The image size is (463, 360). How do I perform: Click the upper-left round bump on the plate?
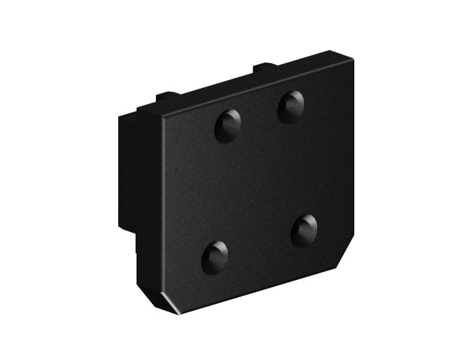[228, 125]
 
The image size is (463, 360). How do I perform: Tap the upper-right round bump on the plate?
[292, 106]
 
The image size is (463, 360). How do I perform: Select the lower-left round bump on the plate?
[215, 256]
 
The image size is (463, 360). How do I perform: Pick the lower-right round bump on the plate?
[305, 230]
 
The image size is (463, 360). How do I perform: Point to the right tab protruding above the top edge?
[263, 69]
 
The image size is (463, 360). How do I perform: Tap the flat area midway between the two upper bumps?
[260, 116]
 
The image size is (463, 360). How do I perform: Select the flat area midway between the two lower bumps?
[260, 243]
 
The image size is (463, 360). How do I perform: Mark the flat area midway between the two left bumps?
[221, 190]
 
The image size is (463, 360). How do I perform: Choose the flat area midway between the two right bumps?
[299, 168]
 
